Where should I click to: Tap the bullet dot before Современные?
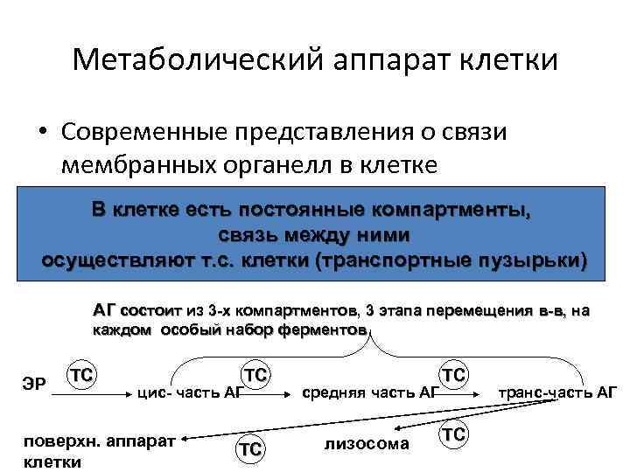(43, 131)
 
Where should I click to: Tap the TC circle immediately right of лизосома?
(452, 434)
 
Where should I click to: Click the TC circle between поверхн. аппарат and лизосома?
(250, 448)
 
